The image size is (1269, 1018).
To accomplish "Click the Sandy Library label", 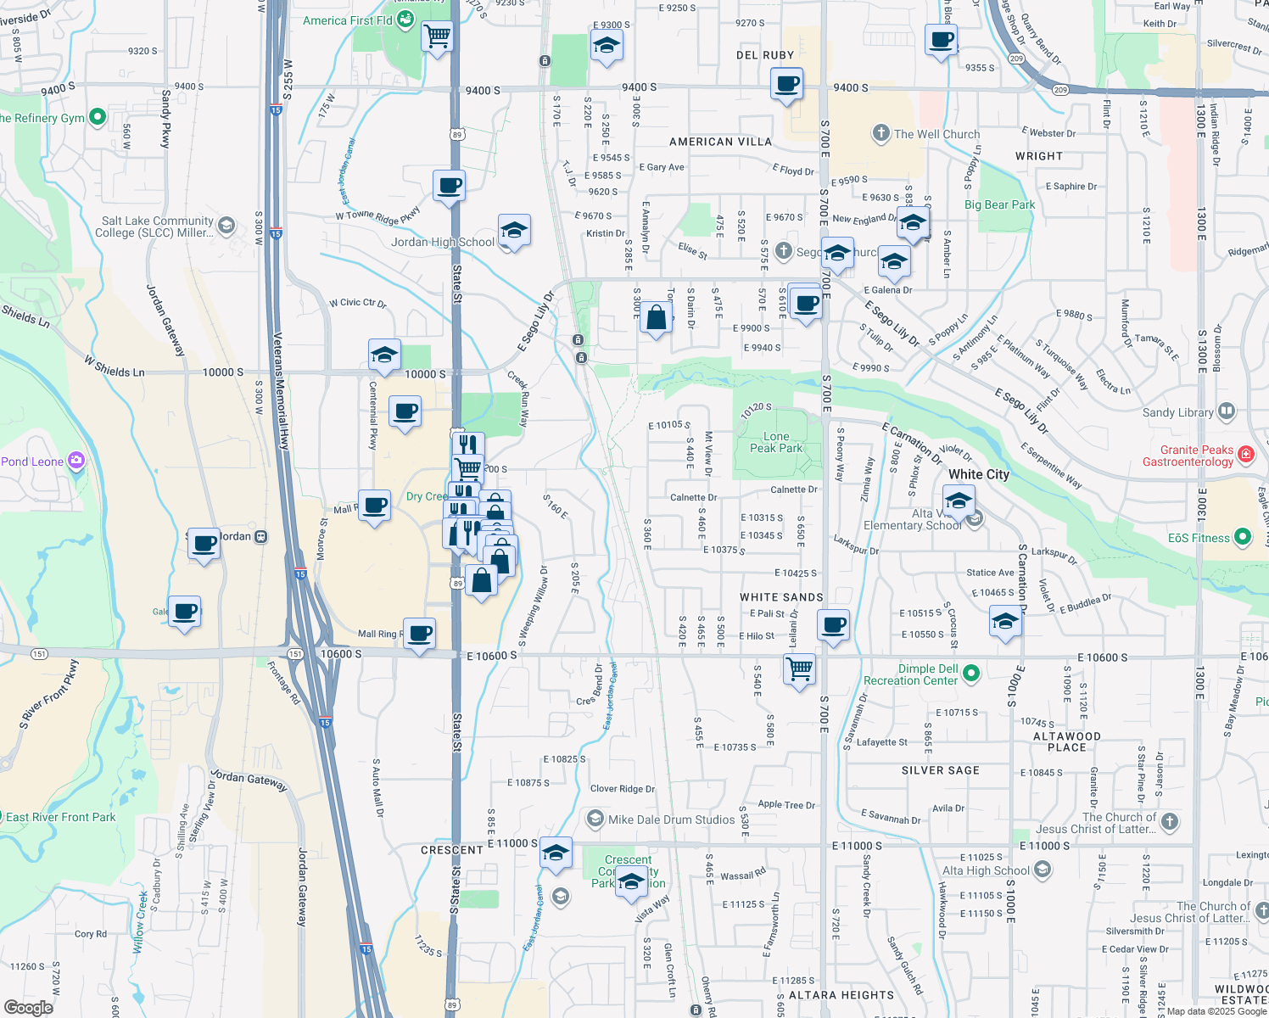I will click(x=1177, y=412).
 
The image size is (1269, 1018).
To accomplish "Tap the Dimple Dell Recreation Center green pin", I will click(x=972, y=674).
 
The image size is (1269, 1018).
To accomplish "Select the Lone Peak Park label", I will click(x=775, y=442).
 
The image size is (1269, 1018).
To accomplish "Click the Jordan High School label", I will click(x=443, y=242).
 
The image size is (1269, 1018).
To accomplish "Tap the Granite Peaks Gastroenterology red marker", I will click(x=1245, y=454).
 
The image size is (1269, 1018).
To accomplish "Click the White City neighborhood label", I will click(x=979, y=474).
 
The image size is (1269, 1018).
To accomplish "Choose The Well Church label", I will click(x=936, y=134).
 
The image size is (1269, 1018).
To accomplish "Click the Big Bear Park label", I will click(x=999, y=204).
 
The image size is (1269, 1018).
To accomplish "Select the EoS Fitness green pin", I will click(x=1243, y=537).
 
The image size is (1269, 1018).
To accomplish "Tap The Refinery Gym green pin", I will click(x=98, y=117).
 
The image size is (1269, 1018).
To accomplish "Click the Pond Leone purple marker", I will click(x=76, y=461).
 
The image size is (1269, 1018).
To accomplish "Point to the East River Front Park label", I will click(x=61, y=817).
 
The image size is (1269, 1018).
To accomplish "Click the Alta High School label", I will click(x=986, y=870).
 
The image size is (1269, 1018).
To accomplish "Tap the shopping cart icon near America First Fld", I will click(x=437, y=36).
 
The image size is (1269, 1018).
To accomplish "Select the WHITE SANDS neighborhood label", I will click(x=781, y=597).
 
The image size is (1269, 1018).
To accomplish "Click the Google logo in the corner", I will click(x=28, y=1007).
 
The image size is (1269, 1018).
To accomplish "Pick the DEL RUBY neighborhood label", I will click(x=765, y=55).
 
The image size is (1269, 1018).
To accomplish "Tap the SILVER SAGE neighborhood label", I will click(x=940, y=770).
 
